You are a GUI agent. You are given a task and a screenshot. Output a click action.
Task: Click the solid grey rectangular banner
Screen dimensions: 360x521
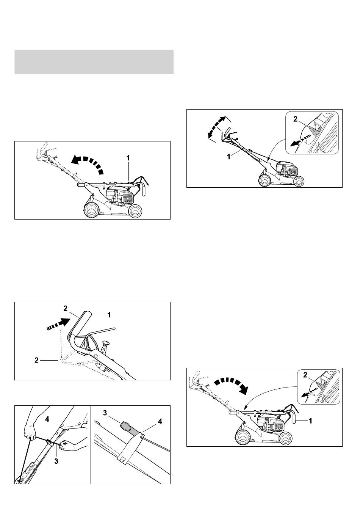click(94, 62)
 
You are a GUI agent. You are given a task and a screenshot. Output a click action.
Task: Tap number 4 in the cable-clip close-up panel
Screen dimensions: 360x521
click(160, 421)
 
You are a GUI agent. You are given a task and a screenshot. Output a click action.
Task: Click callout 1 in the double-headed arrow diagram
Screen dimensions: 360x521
click(229, 157)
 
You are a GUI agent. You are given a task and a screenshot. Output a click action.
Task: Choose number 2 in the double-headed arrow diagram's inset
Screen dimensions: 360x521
click(295, 119)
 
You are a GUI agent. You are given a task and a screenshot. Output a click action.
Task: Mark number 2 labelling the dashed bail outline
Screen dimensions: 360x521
click(36, 361)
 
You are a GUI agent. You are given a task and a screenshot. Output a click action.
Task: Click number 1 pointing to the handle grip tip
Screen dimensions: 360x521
click(109, 315)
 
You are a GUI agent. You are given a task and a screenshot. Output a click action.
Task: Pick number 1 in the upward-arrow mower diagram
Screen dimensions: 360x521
click(128, 158)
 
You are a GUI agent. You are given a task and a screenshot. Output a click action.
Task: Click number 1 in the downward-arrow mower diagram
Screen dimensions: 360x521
click(310, 421)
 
